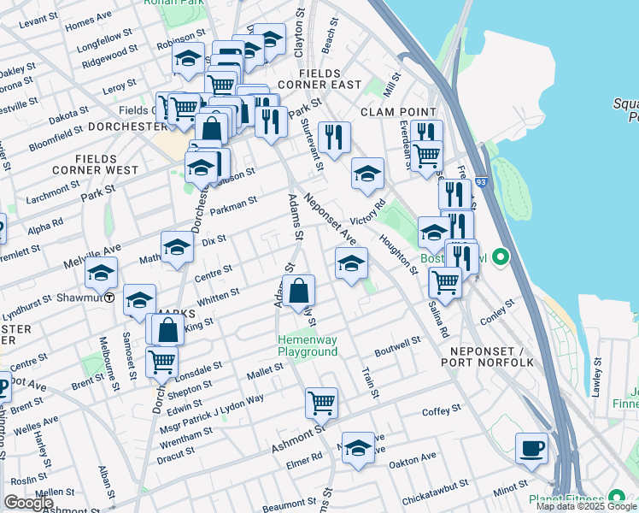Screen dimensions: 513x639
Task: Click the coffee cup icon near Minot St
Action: [x=532, y=448]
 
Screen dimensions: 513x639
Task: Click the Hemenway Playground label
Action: [x=308, y=345]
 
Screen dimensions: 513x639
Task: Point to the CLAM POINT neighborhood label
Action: [x=398, y=112]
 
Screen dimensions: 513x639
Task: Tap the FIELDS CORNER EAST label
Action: [x=319, y=80]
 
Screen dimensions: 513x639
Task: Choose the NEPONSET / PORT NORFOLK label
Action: [x=488, y=357]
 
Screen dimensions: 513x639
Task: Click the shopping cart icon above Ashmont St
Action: [x=321, y=401]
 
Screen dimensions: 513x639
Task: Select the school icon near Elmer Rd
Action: [x=359, y=447]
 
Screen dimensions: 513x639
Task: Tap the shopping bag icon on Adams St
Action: [x=299, y=291]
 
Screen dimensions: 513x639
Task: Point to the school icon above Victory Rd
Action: [x=367, y=173]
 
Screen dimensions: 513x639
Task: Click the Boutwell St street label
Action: [x=398, y=346]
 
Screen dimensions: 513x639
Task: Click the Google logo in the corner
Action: [x=28, y=503]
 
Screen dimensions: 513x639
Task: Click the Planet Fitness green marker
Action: [x=615, y=499]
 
